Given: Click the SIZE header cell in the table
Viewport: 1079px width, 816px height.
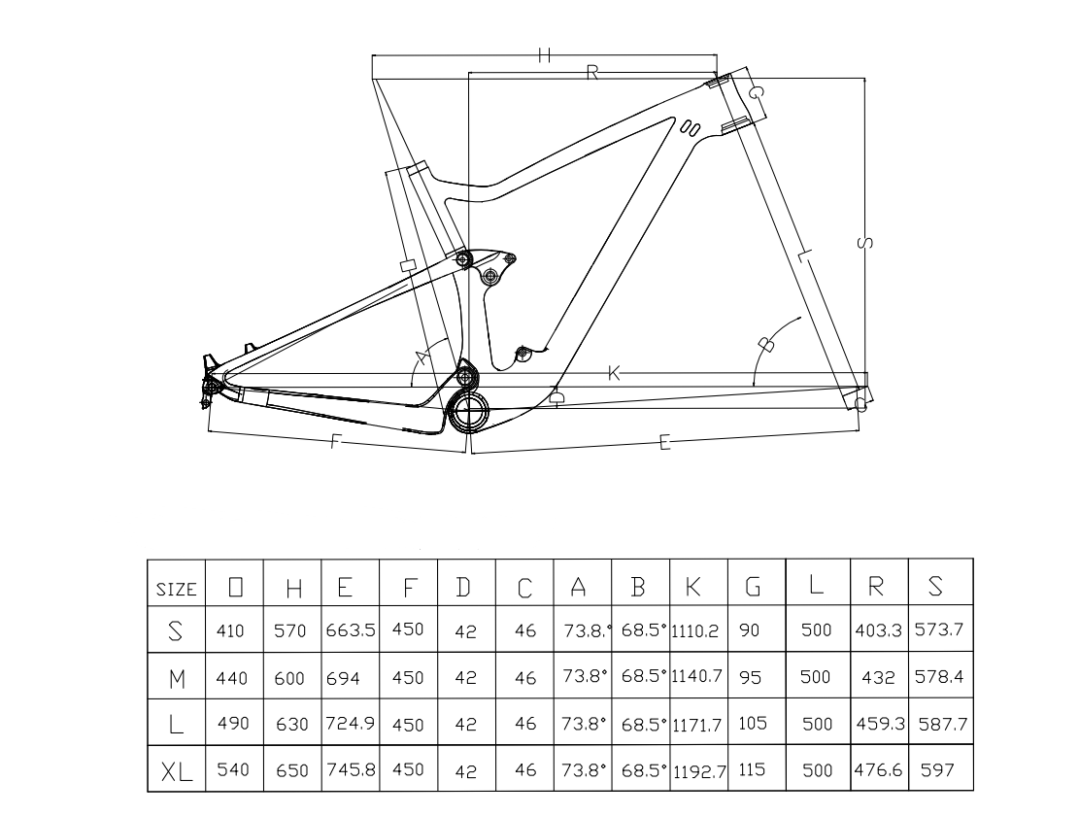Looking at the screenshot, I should pos(176,588).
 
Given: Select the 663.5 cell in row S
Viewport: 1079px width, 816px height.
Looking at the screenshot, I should pos(351,629).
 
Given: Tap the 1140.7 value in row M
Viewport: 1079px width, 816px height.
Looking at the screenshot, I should pos(699,676).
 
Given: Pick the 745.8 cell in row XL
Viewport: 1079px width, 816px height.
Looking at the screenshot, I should pos(351,769).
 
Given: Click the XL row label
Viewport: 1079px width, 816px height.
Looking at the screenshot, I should pos(176,771).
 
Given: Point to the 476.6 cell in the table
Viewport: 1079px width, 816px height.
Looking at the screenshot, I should pos(878,769).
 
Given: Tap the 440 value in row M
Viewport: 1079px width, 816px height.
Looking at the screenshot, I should pos(232,677).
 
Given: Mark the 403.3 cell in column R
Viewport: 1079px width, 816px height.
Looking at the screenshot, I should pos(878,629).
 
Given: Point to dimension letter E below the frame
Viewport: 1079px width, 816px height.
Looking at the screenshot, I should pos(665,443).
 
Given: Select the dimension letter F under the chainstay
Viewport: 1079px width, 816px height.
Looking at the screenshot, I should pos(335,442).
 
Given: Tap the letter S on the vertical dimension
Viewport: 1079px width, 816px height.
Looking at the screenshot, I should pos(866,241).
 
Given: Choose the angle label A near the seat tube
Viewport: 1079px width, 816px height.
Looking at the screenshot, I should pos(422,357).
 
